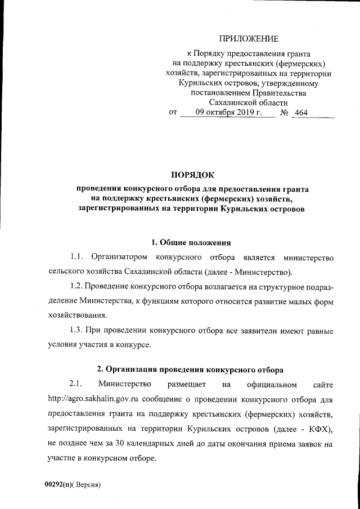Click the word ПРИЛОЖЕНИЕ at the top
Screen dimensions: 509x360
tap(249, 39)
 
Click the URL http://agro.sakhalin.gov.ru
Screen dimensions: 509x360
tap(93, 399)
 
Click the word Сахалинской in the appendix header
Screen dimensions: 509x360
tap(234, 102)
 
